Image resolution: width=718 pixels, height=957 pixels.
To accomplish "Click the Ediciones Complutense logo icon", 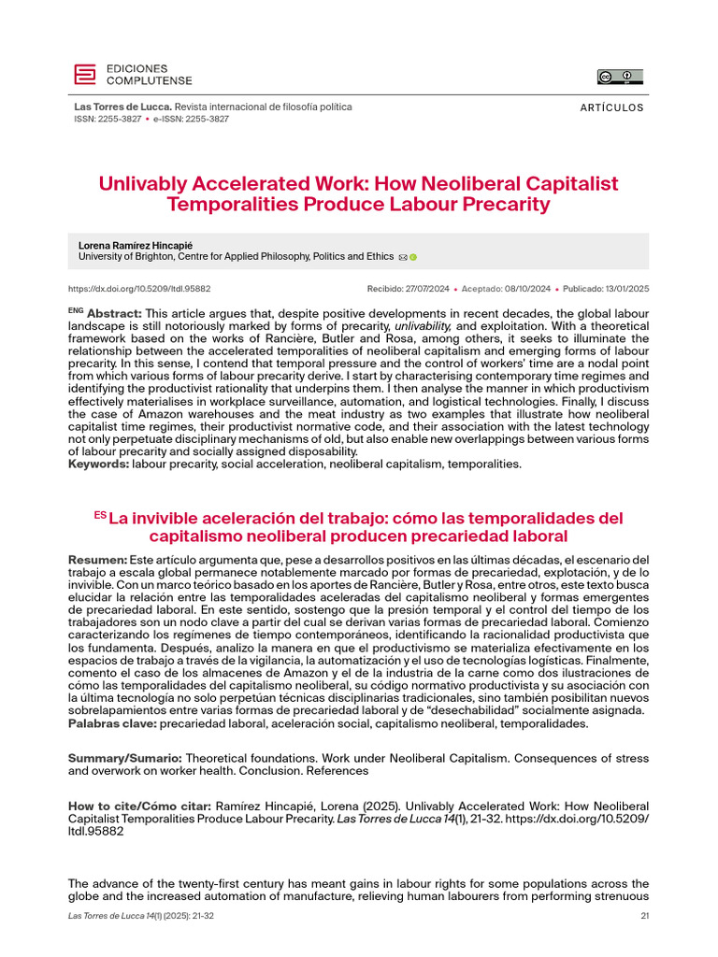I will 85,75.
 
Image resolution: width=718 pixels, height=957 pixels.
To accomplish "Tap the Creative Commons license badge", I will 620,77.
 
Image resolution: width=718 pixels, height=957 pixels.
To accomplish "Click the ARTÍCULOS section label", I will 611,107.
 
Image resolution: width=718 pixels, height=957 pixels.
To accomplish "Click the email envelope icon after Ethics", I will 402,256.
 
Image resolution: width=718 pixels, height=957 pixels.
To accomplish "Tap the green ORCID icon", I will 413,256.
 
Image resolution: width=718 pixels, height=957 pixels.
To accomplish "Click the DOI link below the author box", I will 139,289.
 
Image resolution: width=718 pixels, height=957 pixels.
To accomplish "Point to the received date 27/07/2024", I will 430,289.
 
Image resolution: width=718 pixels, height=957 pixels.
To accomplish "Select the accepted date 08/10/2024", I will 524,289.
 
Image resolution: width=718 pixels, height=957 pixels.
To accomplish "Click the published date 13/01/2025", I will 622,289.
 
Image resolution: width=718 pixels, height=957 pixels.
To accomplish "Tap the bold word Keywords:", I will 99,464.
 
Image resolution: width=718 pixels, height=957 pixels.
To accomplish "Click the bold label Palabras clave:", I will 113,722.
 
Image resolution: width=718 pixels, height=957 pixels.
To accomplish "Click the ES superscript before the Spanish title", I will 100,515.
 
